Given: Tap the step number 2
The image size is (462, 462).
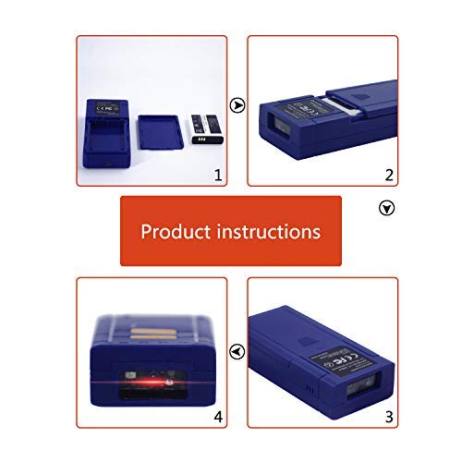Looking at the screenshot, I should (x=389, y=174).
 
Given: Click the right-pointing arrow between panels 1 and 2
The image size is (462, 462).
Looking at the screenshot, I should (x=237, y=105).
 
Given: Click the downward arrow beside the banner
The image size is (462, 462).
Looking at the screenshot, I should (x=387, y=209).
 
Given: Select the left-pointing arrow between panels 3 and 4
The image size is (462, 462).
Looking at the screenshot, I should (x=237, y=351).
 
